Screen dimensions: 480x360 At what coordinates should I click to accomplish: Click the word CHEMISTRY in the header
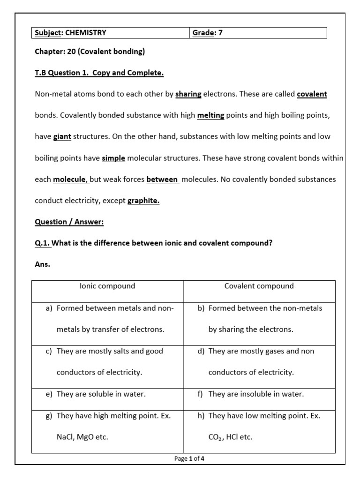86,33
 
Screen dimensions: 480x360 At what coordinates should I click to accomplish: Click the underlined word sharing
188,94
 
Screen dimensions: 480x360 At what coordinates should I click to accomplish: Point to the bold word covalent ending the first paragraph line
312,94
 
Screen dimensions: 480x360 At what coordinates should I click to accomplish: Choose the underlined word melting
210,115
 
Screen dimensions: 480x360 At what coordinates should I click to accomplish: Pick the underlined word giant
62,137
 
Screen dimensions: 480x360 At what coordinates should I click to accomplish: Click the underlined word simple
113,158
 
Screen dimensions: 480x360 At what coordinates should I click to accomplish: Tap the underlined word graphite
143,201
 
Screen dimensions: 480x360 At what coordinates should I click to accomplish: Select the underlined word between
162,180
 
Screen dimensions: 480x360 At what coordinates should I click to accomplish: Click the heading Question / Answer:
69,222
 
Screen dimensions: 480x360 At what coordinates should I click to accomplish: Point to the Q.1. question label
43,243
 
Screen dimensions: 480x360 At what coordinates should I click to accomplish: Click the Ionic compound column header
108,286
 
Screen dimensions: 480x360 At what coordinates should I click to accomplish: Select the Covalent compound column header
259,286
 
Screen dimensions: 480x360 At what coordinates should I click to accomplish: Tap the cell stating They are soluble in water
101,394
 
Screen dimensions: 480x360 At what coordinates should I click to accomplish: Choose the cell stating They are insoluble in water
256,394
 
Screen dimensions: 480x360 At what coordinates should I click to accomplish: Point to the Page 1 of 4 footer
189,459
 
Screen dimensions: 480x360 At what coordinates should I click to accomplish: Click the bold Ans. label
43,264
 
